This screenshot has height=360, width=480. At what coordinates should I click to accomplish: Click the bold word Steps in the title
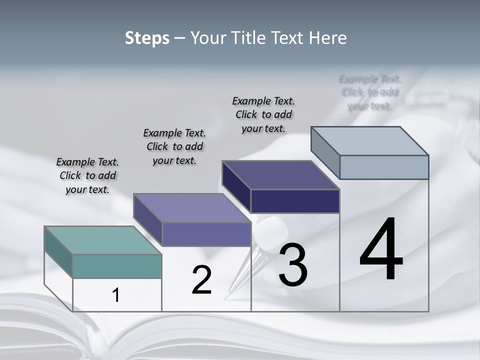(146, 38)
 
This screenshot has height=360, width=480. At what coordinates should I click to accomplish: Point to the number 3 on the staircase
(293, 265)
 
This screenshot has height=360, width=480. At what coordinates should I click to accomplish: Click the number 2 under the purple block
(201, 280)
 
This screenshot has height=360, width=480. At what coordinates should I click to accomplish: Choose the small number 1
(116, 295)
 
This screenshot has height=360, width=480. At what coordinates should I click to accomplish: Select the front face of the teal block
(117, 266)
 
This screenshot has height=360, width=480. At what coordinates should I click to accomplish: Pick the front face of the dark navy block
(295, 201)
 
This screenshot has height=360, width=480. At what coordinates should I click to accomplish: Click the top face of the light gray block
(370, 141)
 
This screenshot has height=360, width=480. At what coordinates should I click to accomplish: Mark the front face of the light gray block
(384, 167)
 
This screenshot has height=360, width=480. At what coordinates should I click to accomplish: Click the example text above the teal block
(87, 175)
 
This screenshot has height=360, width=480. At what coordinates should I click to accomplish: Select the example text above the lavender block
(174, 146)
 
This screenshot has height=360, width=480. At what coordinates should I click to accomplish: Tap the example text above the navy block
(263, 114)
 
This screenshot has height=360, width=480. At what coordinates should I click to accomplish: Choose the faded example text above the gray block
(370, 92)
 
